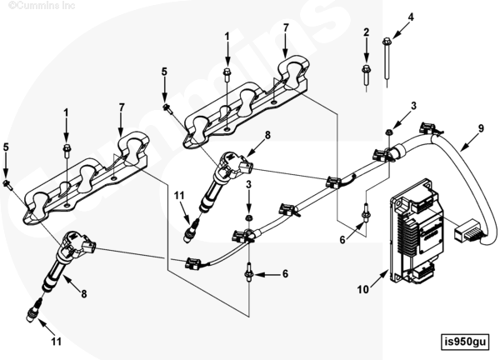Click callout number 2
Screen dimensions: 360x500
[366, 32]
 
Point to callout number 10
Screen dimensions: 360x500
[364, 289]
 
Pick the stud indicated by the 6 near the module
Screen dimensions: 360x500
[364, 213]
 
